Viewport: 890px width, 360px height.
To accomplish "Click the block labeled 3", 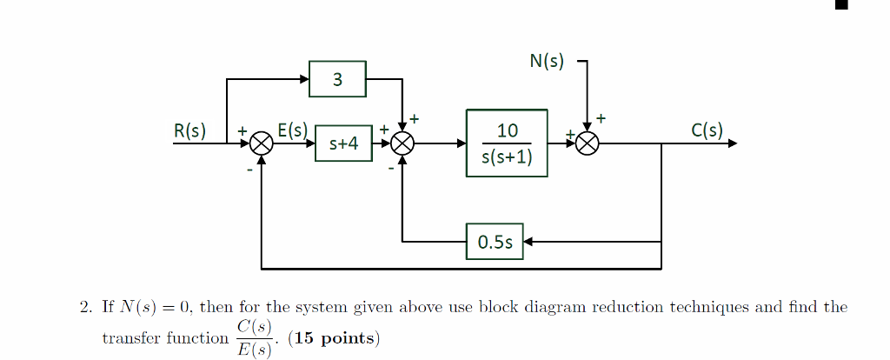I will click(337, 79).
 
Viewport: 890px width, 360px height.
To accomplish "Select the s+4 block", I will click(343, 143).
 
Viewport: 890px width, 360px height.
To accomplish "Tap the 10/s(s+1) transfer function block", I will click(507, 143).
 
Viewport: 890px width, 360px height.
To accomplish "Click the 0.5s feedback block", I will click(495, 242).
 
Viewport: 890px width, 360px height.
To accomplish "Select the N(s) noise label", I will click(546, 61).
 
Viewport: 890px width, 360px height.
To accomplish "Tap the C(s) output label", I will click(707, 130).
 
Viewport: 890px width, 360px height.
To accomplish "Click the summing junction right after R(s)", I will click(262, 143).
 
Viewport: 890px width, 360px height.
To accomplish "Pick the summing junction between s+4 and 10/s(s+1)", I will click(402, 143).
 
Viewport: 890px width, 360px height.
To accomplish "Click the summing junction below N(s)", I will click(588, 143).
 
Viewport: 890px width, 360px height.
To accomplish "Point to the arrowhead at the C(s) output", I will click(732, 143).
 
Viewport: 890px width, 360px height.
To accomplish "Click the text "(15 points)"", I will click(334, 338).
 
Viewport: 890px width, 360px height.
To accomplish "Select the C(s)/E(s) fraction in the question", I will click(256, 337).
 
